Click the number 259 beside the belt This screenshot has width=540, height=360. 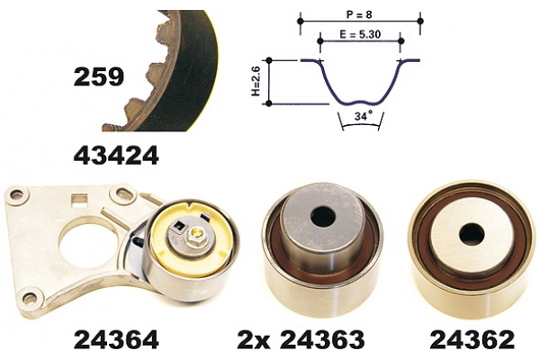98,76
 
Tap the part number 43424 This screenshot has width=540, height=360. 116,156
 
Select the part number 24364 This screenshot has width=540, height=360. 116,339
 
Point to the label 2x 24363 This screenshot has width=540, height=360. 301,339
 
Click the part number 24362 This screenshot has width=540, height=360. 472,339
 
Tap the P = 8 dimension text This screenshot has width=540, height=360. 358,14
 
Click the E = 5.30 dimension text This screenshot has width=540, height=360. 360,34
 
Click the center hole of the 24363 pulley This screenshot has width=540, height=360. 323,216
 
